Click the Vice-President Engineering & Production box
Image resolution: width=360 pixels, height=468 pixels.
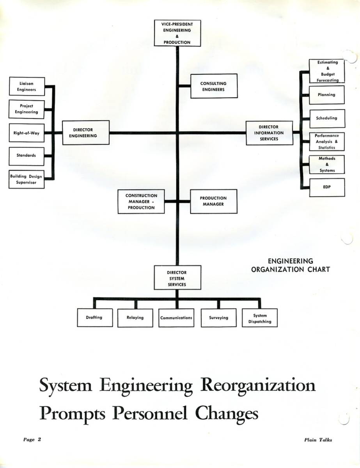pyautogui.click(x=177, y=33)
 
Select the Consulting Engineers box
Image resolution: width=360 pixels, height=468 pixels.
pyautogui.click(x=213, y=86)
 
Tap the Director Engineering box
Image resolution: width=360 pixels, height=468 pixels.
pyautogui.click(x=86, y=133)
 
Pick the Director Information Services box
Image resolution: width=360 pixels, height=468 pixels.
pyautogui.click(x=269, y=133)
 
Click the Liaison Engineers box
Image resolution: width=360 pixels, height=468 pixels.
pyautogui.click(x=27, y=87)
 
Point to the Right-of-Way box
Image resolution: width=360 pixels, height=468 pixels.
pyautogui.click(x=27, y=133)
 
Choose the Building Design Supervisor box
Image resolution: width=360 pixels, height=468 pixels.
pyautogui.click(x=27, y=179)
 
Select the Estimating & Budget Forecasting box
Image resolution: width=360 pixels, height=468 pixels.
pyautogui.click(x=327, y=71)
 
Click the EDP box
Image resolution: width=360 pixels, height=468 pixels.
pyautogui.click(x=327, y=187)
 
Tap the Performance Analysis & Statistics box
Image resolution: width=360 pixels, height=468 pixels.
pyautogui.click(x=327, y=142)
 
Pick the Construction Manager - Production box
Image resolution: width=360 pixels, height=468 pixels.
pyautogui.click(x=141, y=202)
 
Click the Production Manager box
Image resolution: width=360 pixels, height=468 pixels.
pyautogui.click(x=213, y=201)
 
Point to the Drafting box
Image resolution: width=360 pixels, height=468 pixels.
pyautogui.click(x=94, y=317)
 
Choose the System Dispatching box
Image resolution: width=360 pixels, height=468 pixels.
pyautogui.click(x=260, y=319)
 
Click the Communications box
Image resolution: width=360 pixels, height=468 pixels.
pyautogui.click(x=176, y=318)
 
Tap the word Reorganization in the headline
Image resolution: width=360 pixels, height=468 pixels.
pyautogui.click(x=257, y=386)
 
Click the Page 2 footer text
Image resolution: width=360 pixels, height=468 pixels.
pyautogui.click(x=32, y=440)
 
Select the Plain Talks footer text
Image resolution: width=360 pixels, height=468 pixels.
pyautogui.click(x=318, y=440)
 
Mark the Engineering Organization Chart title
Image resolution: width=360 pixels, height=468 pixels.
pyautogui.click(x=290, y=265)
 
